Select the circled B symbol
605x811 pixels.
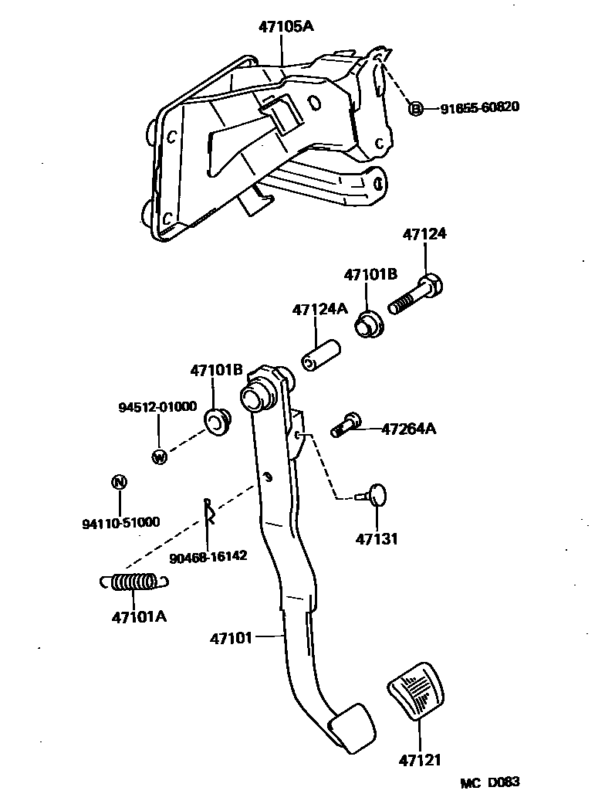415,108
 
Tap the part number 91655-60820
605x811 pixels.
479,108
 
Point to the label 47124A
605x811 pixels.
319,310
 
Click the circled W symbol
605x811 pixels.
159,457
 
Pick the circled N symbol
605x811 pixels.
118,483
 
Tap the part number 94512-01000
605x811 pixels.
157,406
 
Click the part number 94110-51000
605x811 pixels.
120,522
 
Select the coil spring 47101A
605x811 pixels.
133,582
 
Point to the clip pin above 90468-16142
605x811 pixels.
209,511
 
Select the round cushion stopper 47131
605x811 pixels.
375,494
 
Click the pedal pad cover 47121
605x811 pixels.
417,692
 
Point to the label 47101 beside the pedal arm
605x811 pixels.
232,638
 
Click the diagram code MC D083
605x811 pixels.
490,782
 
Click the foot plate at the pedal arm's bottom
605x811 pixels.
352,726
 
